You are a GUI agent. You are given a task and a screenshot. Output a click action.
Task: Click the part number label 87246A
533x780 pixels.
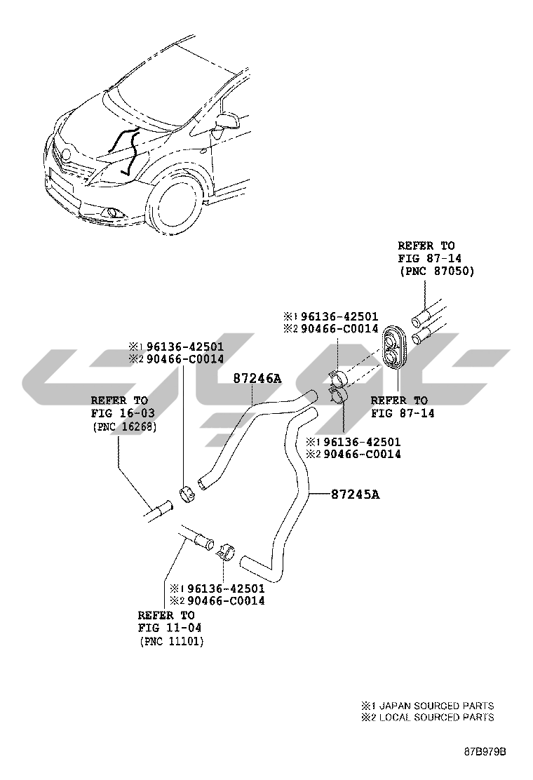[x=257, y=378]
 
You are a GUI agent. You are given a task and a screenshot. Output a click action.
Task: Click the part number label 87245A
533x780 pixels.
[x=356, y=495]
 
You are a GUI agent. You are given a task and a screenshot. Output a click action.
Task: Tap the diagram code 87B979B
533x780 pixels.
[x=484, y=752]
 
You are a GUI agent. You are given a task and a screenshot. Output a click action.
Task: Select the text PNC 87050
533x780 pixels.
[x=436, y=271]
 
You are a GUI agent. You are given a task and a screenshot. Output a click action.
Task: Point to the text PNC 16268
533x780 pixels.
[x=123, y=426]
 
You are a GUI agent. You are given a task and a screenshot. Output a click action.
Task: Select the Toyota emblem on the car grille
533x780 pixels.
[x=67, y=154]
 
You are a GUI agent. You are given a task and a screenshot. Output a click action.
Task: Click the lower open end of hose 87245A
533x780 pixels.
[x=245, y=562]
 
